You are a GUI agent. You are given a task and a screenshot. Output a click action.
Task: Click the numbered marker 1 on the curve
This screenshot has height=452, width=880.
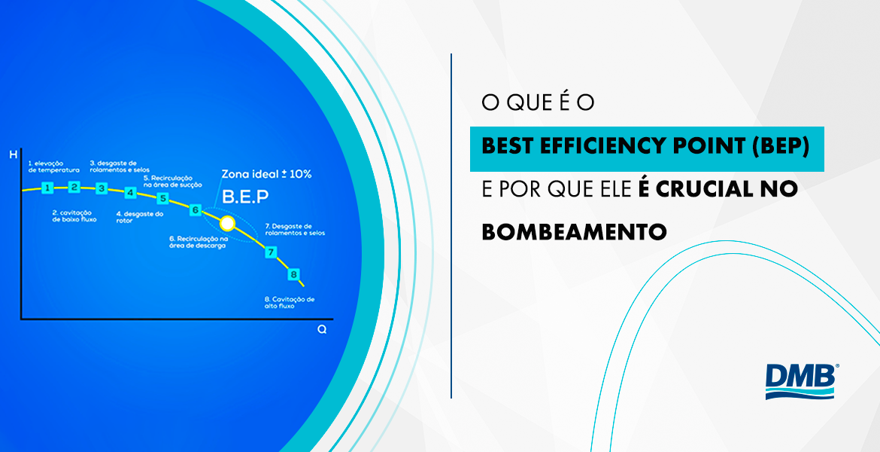click(47, 188)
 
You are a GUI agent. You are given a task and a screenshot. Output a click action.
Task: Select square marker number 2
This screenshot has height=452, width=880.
click(74, 187)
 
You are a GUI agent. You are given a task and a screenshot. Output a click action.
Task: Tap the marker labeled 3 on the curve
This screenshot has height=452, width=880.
click(102, 188)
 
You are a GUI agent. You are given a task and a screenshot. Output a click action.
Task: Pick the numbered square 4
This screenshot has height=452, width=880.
click(130, 193)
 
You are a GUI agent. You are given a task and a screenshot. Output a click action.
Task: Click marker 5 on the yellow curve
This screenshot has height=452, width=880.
click(162, 199)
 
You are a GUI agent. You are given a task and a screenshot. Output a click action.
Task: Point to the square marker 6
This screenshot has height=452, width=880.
click(196, 210)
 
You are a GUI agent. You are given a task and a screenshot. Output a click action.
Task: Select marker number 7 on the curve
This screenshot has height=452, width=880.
click(271, 252)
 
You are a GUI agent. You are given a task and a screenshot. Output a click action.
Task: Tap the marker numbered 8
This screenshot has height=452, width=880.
click(294, 274)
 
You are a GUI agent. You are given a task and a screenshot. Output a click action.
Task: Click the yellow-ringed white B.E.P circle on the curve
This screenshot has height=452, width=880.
click(226, 223)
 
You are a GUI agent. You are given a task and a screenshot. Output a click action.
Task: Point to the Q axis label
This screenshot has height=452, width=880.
click(322, 330)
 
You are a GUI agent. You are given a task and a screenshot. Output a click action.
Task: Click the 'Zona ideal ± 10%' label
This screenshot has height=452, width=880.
click(266, 174)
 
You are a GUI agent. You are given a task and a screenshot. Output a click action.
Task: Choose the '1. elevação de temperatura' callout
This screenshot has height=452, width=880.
click(49, 166)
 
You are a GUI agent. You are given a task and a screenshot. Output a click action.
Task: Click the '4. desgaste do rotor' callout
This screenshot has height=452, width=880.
click(139, 217)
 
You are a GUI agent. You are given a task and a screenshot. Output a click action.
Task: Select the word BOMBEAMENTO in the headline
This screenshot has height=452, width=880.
click(574, 231)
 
